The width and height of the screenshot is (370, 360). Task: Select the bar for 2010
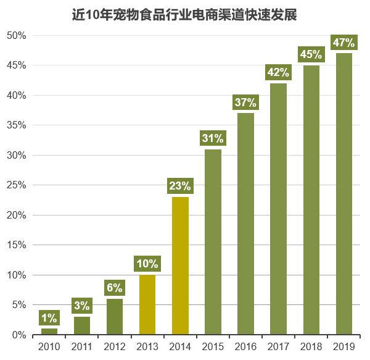[49, 331]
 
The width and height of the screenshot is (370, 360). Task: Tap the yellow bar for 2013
[147, 305]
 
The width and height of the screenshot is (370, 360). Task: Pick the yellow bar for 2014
[180, 266]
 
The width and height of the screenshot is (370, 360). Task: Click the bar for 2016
[245, 224]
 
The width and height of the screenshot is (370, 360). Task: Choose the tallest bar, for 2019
[343, 194]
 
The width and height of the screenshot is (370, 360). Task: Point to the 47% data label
[343, 43]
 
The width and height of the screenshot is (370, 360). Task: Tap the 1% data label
[49, 318]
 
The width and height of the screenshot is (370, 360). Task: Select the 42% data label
[278, 73]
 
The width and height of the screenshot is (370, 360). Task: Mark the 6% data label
[115, 288]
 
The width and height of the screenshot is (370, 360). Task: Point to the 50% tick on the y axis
[17, 36]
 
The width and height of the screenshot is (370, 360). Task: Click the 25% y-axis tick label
[17, 185]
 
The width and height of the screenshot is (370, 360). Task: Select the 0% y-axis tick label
[19, 335]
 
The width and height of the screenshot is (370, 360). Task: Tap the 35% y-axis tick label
[17, 125]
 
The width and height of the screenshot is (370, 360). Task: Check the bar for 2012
[115, 317]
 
